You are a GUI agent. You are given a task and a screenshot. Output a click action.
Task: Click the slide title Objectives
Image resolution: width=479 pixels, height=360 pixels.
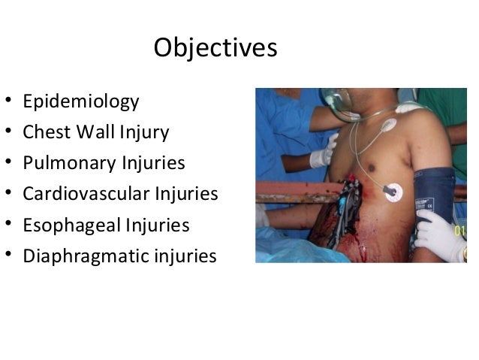[215, 48]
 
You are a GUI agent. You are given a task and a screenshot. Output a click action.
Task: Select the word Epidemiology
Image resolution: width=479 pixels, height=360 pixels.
[80, 101]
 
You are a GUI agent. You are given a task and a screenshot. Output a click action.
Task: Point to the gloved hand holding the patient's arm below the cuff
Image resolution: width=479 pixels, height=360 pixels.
[439, 233]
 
